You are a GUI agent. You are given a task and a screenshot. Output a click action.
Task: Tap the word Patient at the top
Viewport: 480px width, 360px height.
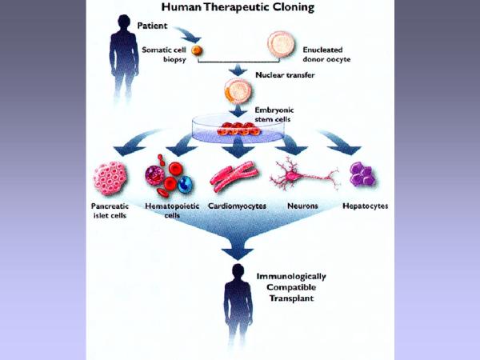152,26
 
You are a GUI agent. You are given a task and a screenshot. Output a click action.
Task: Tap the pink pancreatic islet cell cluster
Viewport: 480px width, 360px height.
112,178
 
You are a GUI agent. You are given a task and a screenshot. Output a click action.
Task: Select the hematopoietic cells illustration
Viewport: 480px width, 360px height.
166,178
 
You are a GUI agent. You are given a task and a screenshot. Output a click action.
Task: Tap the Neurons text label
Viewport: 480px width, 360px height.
303,206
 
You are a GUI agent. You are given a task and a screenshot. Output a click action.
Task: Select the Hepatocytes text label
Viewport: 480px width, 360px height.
366,206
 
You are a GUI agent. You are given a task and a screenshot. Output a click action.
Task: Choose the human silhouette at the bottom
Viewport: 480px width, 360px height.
238,308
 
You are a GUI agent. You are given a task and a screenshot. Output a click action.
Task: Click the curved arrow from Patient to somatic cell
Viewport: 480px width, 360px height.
190,33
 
